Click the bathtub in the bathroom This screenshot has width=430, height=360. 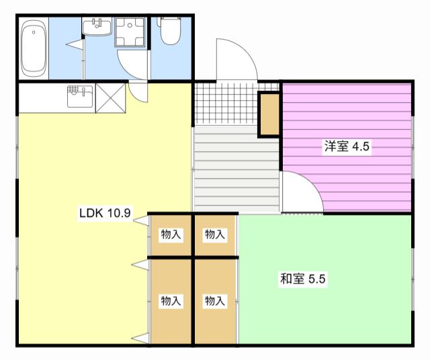(34, 49)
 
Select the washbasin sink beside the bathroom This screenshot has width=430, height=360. (97, 27)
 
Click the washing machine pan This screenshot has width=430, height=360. (130, 32)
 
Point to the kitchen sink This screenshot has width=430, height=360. (80, 96)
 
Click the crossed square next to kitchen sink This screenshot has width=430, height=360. (110, 98)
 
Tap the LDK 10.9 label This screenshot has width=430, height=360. (105, 213)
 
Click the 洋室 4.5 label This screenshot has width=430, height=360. (347, 146)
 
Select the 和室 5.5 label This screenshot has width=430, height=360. (302, 279)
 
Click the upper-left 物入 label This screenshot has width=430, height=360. (171, 234)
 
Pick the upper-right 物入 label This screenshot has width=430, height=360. (215, 234)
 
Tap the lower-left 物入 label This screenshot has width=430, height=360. (171, 301)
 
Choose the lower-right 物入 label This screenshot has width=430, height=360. (215, 301)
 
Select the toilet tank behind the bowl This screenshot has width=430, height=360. (171, 21)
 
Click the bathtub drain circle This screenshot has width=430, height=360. (34, 32)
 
